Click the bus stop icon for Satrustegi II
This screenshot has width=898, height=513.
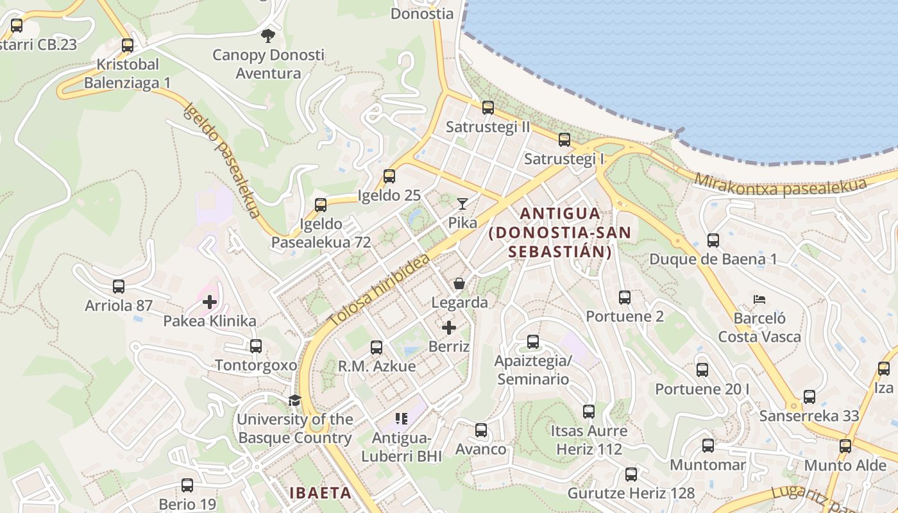[488, 108]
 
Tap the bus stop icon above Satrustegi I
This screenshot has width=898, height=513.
[564, 139]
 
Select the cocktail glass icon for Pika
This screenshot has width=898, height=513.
[462, 204]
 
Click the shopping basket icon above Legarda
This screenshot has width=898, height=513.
[459, 283]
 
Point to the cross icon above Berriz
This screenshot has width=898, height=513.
[449, 328]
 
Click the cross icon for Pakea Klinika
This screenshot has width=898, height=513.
[210, 302]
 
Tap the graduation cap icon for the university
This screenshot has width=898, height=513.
[294, 401]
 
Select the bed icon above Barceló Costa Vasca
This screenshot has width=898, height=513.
[759, 299]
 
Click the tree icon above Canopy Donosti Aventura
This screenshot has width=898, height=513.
[268, 36]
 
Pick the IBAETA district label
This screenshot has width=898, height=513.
[320, 493]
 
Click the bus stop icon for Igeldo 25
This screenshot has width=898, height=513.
[389, 176]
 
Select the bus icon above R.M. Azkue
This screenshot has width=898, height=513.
[377, 348]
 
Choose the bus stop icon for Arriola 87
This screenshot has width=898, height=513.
[119, 287]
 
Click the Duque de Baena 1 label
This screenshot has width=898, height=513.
[713, 260]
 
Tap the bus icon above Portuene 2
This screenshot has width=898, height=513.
[625, 298]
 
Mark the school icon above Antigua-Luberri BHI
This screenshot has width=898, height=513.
[402, 419]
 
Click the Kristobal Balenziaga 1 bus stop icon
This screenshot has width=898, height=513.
[128, 46]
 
